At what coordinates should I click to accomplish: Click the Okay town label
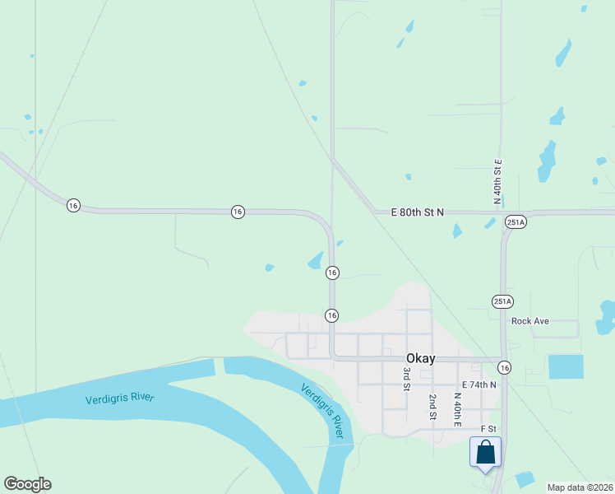coord(420,358)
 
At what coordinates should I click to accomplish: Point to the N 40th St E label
coord(497,181)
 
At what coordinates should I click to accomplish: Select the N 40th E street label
coord(458,409)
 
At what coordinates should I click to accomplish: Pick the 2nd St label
coord(432,407)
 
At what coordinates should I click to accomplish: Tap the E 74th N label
coord(479,384)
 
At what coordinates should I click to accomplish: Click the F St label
coord(488,429)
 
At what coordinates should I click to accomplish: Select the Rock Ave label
coord(529,321)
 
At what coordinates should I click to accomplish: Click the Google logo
coord(27,484)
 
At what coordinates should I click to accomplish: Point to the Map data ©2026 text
coord(580,487)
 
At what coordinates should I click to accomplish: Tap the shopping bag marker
coord(485,453)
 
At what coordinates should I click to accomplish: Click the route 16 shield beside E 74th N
coord(504,367)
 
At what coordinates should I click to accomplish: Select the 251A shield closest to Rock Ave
coord(502,301)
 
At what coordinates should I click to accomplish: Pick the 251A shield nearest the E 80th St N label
coord(516,222)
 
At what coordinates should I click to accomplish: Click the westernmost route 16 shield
coord(73,206)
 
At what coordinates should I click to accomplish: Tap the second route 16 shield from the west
coord(237,212)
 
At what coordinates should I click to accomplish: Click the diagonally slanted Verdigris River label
coord(322,410)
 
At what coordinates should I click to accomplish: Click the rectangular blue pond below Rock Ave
coord(566,366)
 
